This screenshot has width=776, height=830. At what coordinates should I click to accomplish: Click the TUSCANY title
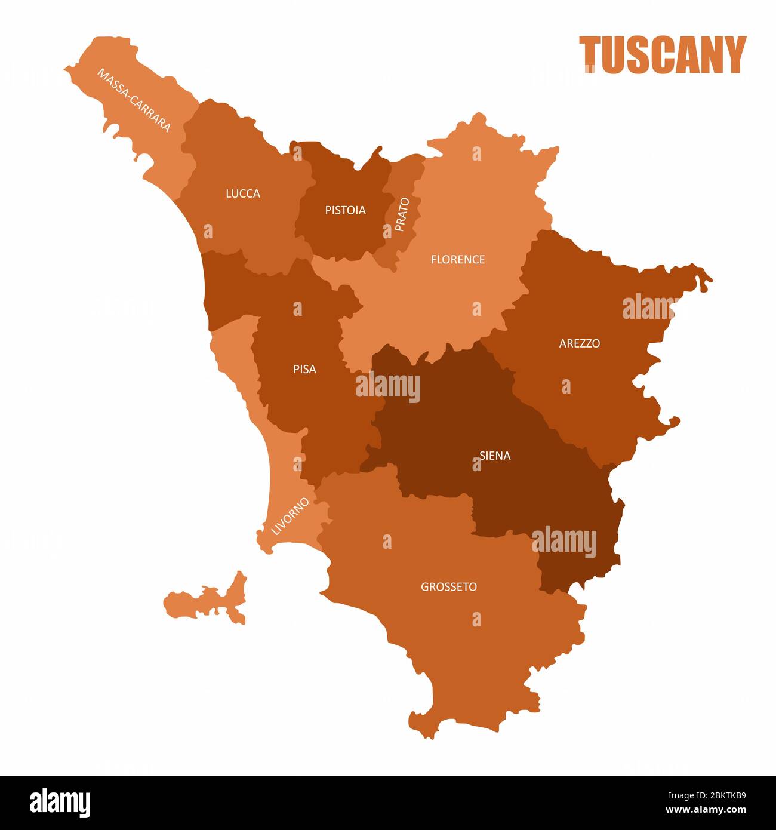[x=663, y=55]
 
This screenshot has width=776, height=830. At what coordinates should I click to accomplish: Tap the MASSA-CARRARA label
[x=134, y=100]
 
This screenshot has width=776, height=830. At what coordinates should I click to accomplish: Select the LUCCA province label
[x=243, y=193]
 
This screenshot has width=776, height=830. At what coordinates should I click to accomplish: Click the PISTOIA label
[x=345, y=210]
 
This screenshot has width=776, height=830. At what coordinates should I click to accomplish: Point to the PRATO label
[x=402, y=214]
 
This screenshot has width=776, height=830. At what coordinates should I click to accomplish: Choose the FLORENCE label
[x=458, y=259]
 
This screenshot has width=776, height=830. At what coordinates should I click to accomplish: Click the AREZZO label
[x=579, y=343]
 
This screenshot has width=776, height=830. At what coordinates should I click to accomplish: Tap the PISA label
[x=304, y=369]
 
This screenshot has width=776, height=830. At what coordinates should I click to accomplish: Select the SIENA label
[x=495, y=456]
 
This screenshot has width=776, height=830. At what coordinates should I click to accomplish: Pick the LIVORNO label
[x=290, y=515]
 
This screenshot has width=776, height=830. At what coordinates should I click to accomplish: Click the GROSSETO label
[x=449, y=587]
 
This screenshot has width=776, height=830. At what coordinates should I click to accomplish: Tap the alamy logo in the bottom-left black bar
[x=60, y=803]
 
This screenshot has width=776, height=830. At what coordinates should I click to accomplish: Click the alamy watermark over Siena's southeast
[x=564, y=543]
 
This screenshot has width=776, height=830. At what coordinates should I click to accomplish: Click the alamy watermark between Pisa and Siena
[x=388, y=386]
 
